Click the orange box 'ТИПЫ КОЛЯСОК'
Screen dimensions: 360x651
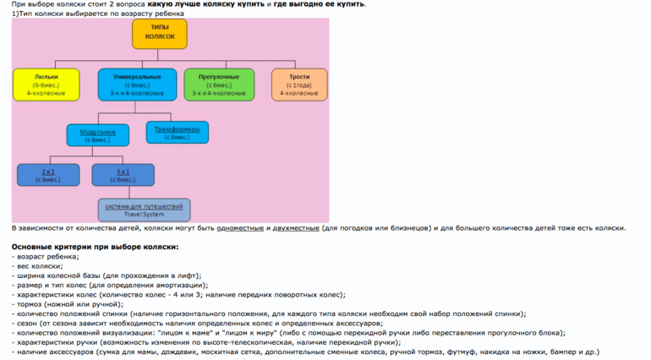[x=160, y=33]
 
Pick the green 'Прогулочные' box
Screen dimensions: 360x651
[x=219, y=85]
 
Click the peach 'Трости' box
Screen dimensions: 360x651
[x=298, y=85]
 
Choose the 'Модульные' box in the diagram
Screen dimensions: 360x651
[x=98, y=135]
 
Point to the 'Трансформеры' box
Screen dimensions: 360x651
[x=178, y=133]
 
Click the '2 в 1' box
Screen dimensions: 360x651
[x=48, y=175]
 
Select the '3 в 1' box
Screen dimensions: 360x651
[x=123, y=175]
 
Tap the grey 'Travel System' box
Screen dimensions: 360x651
[x=144, y=210]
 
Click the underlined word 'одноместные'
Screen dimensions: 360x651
[x=240, y=228]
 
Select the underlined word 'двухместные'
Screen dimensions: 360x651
[x=296, y=228]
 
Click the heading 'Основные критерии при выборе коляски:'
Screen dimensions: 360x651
[x=95, y=247]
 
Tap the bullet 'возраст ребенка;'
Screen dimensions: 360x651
[x=46, y=256]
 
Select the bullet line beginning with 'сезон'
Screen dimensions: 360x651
[x=169, y=323]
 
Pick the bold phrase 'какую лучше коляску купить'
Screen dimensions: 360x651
[x=206, y=4]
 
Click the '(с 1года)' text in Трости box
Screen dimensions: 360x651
[x=298, y=85]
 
